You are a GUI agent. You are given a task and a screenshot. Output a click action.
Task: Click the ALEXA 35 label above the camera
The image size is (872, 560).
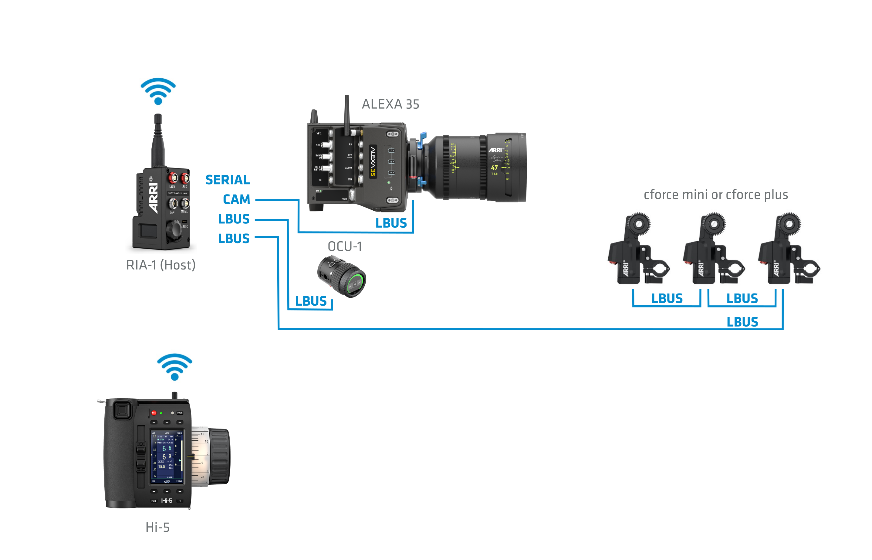pos(390,104)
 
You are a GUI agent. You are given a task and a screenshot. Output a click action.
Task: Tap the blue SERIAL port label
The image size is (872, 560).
pos(228,180)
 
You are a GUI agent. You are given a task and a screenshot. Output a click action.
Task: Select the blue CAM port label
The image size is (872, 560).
pos(236,199)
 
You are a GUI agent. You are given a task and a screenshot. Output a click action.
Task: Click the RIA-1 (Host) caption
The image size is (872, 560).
pos(161,265)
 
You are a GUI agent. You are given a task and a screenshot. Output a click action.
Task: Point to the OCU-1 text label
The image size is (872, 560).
pos(345,246)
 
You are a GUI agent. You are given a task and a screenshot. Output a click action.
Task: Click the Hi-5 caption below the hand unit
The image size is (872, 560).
pos(157,527)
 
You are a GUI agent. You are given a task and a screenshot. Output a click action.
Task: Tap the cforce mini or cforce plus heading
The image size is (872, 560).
pos(715,195)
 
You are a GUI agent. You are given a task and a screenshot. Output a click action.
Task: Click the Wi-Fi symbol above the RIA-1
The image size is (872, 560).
pos(158,91)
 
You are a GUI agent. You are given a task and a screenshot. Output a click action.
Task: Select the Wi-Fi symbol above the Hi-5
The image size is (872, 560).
pos(174,367)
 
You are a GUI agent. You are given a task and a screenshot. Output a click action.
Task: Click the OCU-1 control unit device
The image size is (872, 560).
pos(342,277)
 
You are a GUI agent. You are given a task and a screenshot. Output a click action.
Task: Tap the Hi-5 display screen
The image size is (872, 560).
pos(167,456)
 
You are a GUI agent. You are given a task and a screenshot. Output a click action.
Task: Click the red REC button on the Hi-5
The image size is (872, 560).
pos(154,413)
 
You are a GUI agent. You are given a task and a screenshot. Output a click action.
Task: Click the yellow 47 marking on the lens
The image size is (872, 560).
pos(494,168)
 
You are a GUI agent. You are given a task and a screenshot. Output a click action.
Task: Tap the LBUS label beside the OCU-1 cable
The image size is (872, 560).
pos(311,301)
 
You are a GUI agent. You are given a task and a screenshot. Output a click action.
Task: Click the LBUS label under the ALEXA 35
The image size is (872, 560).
pos(391,223)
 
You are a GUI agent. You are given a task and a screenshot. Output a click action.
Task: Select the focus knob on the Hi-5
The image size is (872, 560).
pos(219,456)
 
